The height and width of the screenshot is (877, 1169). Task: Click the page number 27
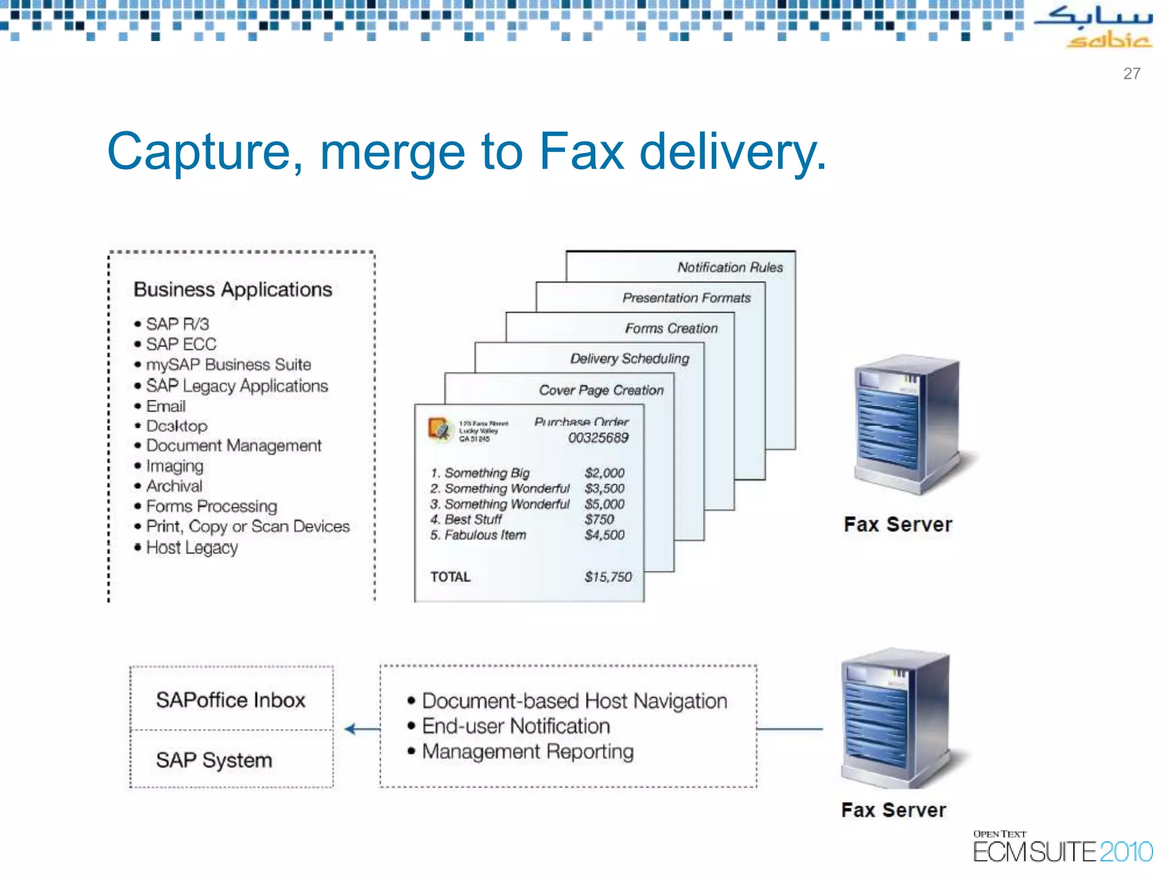[x=1131, y=74]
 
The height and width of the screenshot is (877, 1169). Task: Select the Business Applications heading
[x=232, y=289]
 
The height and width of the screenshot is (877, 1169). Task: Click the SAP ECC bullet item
[x=181, y=344]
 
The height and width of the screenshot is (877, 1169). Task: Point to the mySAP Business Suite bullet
[x=228, y=364]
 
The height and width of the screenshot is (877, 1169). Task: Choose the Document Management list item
[x=233, y=445]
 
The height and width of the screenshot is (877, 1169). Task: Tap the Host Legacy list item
[x=192, y=548]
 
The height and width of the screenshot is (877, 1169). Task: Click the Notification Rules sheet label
[x=729, y=267]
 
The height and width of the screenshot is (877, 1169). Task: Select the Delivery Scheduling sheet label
[x=630, y=359]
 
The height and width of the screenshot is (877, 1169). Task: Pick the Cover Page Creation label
[x=601, y=390]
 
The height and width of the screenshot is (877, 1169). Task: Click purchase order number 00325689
[x=598, y=438]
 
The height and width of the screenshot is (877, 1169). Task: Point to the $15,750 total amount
[x=608, y=577]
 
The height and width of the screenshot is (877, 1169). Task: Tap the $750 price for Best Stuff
[x=599, y=520]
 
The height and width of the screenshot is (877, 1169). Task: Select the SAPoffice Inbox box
[x=231, y=700]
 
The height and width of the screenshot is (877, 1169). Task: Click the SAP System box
[x=215, y=760]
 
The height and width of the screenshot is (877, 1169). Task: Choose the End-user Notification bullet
[x=516, y=726]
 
